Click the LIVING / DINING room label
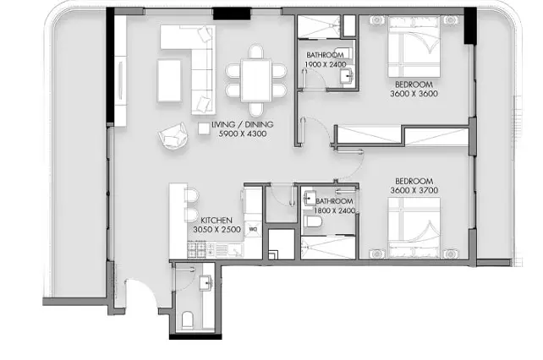pyautogui.click(x=243, y=124)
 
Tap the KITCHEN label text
pyautogui.click(x=217, y=221)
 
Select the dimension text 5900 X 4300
pyautogui.click(x=243, y=134)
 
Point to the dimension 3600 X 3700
pyautogui.click(x=414, y=190)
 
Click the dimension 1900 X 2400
pyautogui.click(x=326, y=64)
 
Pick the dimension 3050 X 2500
pyautogui.click(x=217, y=230)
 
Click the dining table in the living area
pyautogui.click(x=256, y=80)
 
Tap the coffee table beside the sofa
pyautogui.click(x=169, y=80)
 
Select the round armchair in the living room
pyautogui.click(x=173, y=135)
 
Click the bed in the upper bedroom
pyautogui.click(x=414, y=46)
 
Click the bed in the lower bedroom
pyautogui.click(x=414, y=228)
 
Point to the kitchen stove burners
pyautogui.click(x=197, y=250)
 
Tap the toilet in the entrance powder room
pyautogui.click(x=188, y=319)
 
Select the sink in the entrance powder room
pyautogui.click(x=206, y=283)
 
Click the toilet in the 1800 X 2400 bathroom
pyautogui.click(x=313, y=221)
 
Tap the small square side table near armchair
pyautogui.click(x=204, y=128)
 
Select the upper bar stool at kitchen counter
pyautogui.click(x=191, y=195)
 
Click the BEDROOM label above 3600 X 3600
pyautogui.click(x=414, y=85)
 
